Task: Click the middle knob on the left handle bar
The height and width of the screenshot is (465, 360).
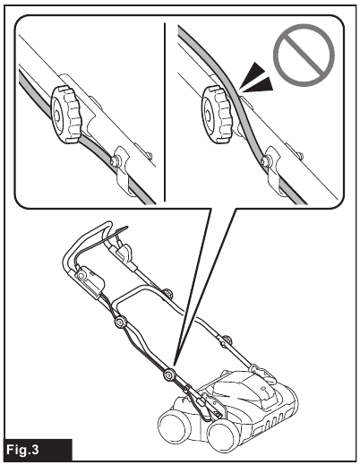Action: pyautogui.click(x=119, y=322)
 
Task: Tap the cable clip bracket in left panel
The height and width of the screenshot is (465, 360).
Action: pyautogui.click(x=125, y=170)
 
